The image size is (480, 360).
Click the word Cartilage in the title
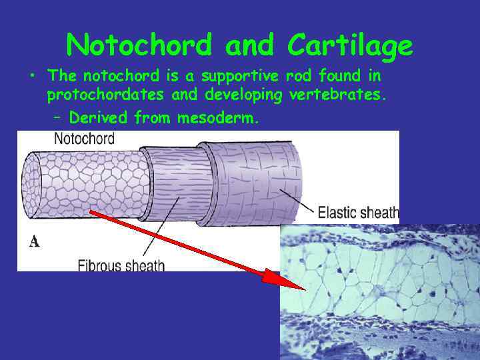[x=351, y=45]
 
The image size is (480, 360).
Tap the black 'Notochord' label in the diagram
[x=83, y=139]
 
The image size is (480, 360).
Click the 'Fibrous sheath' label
[x=121, y=265]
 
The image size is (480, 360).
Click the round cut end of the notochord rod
[x=33, y=185]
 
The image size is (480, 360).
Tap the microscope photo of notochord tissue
[x=380, y=293]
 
